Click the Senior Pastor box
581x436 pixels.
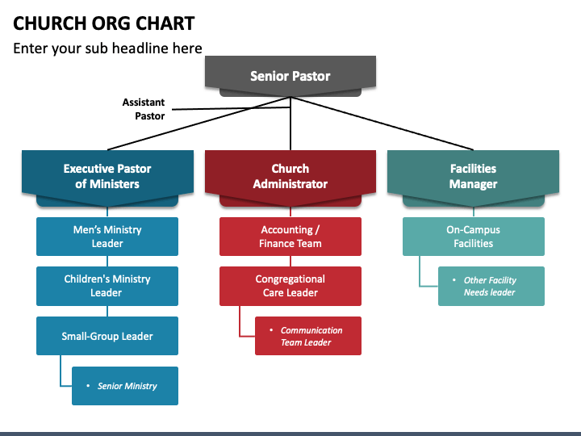click(290, 76)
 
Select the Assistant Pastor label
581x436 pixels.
click(144, 109)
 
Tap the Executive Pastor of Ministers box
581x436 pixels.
click(107, 177)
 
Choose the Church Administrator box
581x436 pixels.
click(290, 177)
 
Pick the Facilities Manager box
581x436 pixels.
click(473, 177)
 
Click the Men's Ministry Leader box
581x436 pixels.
click(107, 237)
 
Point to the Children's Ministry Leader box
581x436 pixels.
click(107, 286)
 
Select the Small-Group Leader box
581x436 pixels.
click(107, 336)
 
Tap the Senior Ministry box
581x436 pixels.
click(125, 386)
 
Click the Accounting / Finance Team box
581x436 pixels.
click(290, 237)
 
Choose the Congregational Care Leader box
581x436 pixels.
click(290, 286)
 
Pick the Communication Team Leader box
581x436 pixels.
click(308, 336)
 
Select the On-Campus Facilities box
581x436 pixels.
click(474, 237)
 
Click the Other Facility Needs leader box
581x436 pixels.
click(491, 286)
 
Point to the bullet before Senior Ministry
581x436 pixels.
click(88, 386)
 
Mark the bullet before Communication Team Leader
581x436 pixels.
click(271, 329)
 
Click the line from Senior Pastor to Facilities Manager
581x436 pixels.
click(382, 124)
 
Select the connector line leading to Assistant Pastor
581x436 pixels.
click(232, 108)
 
